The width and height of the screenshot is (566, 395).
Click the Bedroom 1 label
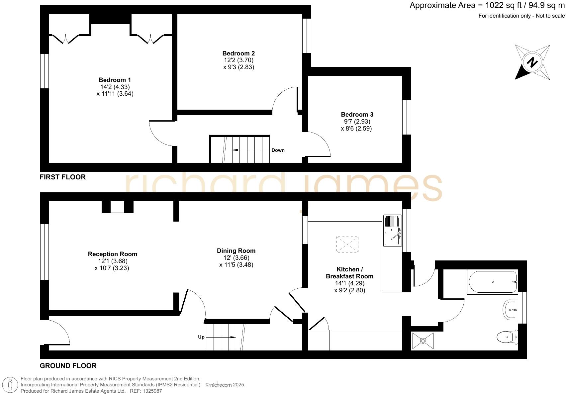pos(115,80)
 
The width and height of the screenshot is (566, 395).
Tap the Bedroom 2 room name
pos(238,53)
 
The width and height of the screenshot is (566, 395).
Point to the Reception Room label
pos(112,254)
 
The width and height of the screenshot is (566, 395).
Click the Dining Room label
pos(236,251)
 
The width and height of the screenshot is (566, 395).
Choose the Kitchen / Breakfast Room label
pos(349,273)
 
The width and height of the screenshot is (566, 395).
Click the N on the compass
pos(532,62)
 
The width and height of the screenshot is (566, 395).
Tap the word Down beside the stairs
pos(278,150)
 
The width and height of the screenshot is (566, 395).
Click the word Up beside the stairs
pos(201,337)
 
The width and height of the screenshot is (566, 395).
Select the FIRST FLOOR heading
pos(63,177)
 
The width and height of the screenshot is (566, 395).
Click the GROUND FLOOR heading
pos(68,366)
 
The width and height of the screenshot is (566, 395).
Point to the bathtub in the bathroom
pos(493,282)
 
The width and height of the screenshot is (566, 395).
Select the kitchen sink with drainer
pos(392,231)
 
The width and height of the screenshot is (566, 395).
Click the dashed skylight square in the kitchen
pos(347,245)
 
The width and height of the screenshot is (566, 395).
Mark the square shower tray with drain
pos(423,341)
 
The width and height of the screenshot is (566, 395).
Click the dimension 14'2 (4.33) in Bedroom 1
pos(115,87)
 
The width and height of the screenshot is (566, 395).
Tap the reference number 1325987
pos(151,391)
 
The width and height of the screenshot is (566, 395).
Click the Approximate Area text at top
pos(486,6)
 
